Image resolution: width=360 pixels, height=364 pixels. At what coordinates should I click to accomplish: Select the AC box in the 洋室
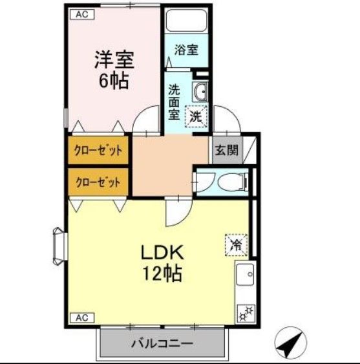(x=81, y=13)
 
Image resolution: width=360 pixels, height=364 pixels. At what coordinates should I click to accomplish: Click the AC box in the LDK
(x=81, y=317)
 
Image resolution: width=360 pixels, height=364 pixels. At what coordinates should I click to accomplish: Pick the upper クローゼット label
(x=98, y=150)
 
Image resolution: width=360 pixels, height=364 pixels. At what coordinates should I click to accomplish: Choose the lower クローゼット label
(x=98, y=182)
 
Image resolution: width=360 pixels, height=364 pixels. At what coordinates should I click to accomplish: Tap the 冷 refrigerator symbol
(x=235, y=244)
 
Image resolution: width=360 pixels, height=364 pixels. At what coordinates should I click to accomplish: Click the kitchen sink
(x=245, y=278)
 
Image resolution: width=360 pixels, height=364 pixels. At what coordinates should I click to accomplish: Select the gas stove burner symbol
(x=246, y=313)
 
